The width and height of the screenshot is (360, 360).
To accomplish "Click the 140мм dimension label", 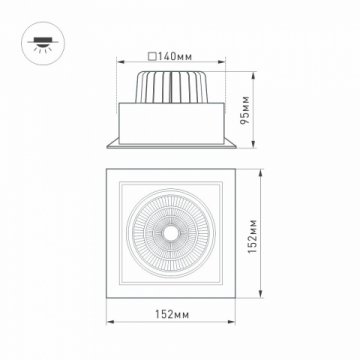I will click(x=176, y=56).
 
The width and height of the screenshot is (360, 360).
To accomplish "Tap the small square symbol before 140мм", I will click(x=151, y=56).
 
